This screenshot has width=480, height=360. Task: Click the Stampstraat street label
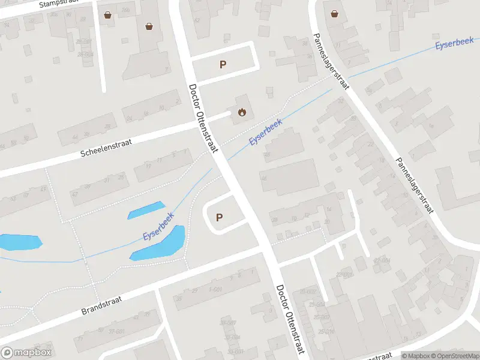tap(59, 4)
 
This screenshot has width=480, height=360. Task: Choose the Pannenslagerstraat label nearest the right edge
tap(414, 186)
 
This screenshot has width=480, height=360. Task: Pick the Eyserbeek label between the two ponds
tap(158, 227)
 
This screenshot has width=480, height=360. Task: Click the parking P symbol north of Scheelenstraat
tap(223, 65)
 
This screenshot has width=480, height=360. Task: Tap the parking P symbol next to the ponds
tap(219, 218)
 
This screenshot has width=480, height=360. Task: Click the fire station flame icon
tap(242, 112)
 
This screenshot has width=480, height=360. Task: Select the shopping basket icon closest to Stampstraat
tap(107, 15)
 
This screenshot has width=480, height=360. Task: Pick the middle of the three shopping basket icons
tap(149, 26)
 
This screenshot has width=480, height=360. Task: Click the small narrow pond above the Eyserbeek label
tap(146, 210)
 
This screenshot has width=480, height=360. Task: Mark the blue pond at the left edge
tap(20, 242)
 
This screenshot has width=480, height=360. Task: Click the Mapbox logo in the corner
tap(27, 353)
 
